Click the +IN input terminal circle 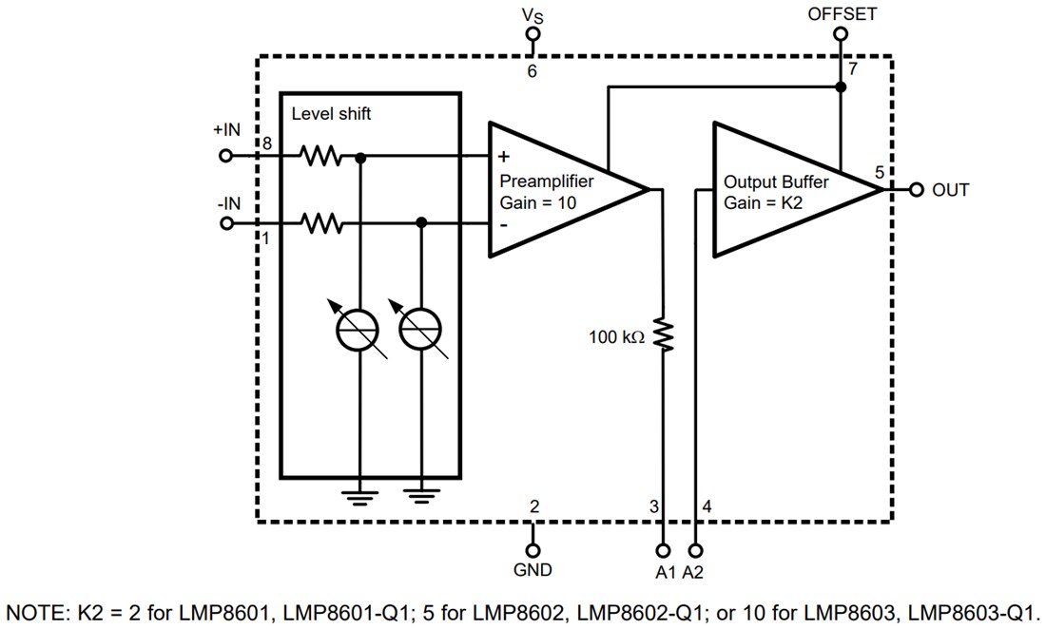coord(226,156)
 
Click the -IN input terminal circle coord(226,224)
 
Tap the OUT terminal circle coord(917,190)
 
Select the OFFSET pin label coord(842,14)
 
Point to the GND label coord(533,570)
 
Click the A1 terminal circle coord(664,550)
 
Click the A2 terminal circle coord(697,550)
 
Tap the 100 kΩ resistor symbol coord(664,334)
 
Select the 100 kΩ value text coord(616,335)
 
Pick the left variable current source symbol coord(359,329)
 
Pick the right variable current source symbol coord(420,329)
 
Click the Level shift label coord(331,114)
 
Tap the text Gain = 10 coord(538,202)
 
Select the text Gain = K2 coord(762,202)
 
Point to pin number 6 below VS coord(533,71)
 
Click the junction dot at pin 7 coord(841,87)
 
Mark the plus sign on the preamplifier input coord(503,158)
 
